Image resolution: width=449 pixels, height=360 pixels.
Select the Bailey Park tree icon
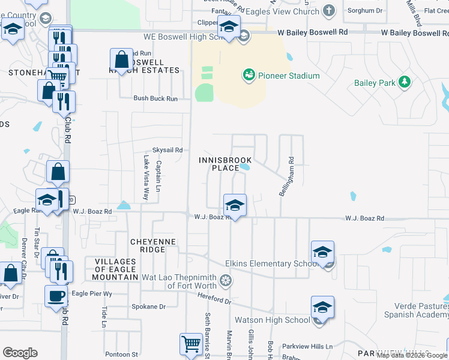[405, 82]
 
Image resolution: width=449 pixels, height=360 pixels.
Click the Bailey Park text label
[375, 83]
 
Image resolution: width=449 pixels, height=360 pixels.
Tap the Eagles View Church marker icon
[328, 10]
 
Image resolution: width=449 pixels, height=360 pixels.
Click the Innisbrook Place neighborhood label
[225, 164]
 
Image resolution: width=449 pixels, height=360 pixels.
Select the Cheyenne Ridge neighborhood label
[153, 245]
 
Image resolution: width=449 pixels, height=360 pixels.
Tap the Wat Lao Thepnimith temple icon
[226, 280]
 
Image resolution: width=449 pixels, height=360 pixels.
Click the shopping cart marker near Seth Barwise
[191, 344]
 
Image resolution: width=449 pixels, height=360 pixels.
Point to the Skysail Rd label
[167, 150]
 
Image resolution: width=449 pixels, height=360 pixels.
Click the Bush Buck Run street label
[155, 98]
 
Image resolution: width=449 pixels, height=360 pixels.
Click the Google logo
[20, 353]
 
